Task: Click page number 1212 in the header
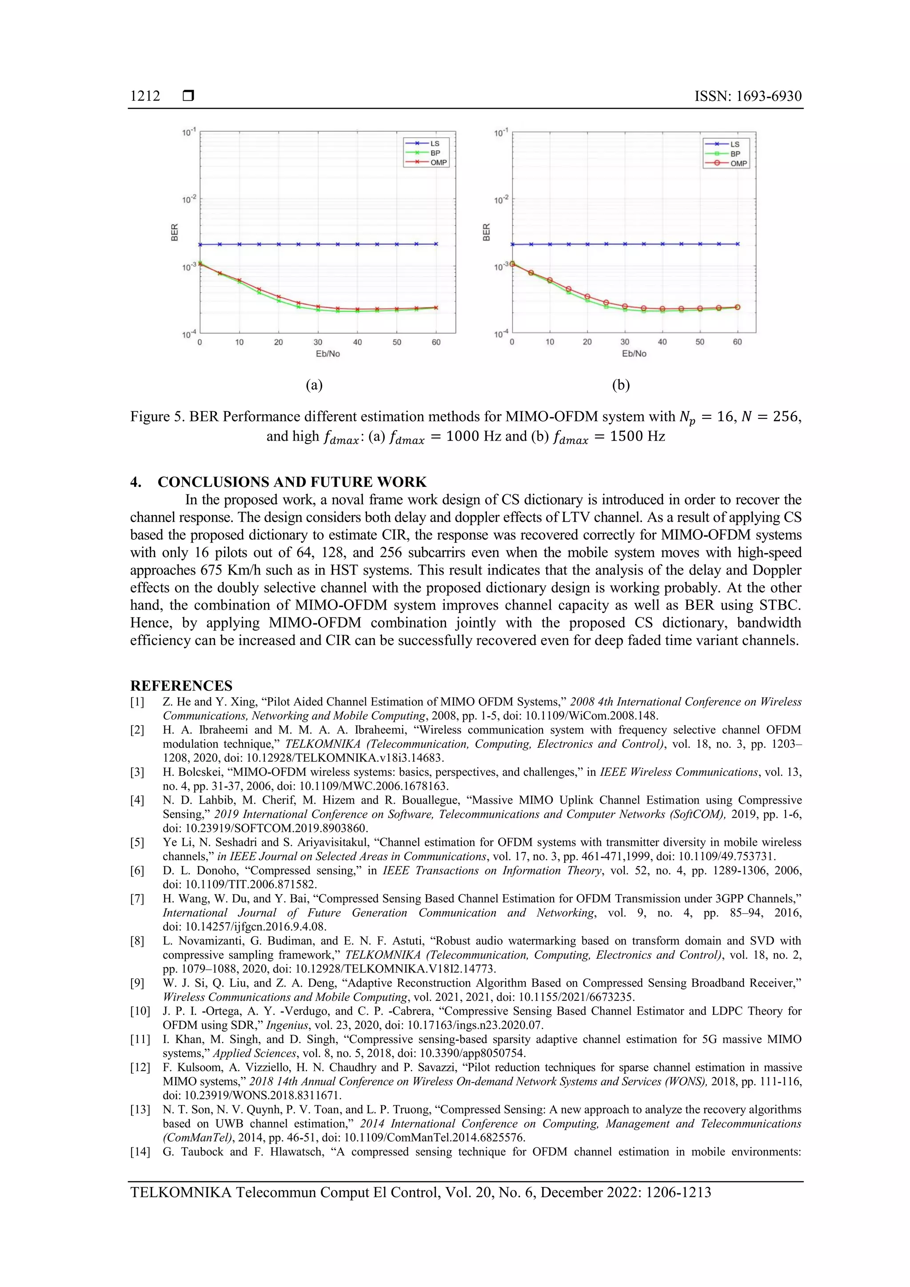(145, 96)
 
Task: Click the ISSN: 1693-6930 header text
(747, 96)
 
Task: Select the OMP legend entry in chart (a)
(438, 163)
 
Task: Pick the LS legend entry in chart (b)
(734, 144)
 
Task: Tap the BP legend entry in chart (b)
(735, 154)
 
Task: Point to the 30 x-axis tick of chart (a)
(318, 342)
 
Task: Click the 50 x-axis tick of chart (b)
(700, 342)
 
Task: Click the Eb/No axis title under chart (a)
(327, 354)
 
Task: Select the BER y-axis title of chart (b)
(486, 232)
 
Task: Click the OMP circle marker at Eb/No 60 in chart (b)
(737, 307)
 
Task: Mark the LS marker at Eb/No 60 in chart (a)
(436, 244)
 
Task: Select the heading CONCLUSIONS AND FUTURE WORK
(291, 482)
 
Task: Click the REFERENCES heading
(181, 685)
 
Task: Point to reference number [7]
(137, 899)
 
